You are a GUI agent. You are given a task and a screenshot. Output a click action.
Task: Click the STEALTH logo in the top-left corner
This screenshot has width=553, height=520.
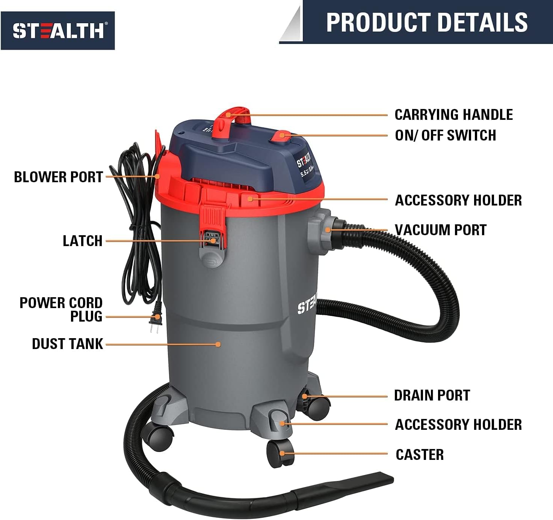[x=57, y=30]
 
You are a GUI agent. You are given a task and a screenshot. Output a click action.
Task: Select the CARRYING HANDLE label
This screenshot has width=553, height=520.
[x=453, y=115]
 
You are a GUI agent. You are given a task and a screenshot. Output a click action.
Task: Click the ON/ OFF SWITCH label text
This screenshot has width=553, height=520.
[x=445, y=135]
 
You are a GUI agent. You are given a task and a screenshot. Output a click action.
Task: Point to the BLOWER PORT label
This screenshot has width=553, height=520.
[x=59, y=177]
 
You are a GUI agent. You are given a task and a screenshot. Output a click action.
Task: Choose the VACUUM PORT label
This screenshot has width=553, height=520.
[x=441, y=230]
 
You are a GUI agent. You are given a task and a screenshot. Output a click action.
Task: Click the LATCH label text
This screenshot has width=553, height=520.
[x=82, y=241]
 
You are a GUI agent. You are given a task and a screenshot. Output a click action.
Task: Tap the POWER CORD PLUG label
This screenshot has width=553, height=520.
[x=61, y=310]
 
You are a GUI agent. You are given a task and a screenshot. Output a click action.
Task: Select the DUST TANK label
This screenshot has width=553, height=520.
[x=67, y=344]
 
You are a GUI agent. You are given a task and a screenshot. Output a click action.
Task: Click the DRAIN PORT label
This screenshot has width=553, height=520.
[x=432, y=395]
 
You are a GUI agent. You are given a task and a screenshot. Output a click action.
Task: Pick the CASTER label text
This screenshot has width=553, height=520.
[x=419, y=455]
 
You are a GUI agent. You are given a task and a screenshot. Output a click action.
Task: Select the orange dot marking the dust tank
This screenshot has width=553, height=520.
[x=218, y=344]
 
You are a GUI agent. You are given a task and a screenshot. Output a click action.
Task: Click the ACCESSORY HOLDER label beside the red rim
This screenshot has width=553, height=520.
[x=458, y=200]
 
